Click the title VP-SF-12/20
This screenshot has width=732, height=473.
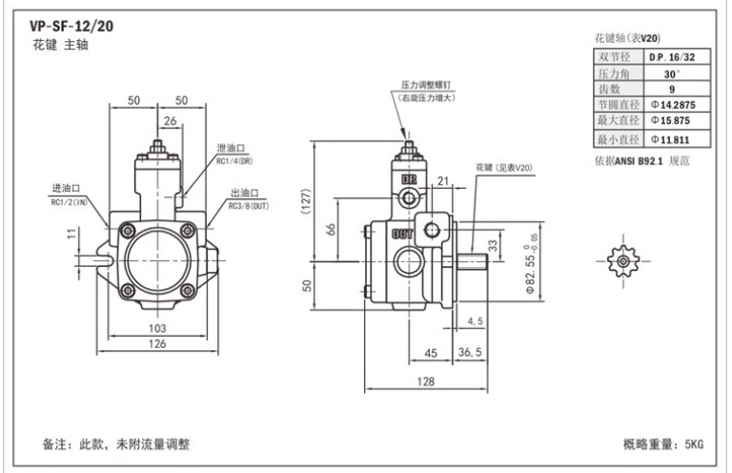tap(71, 26)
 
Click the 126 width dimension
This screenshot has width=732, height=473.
tap(157, 344)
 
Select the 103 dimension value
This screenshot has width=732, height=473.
tap(157, 329)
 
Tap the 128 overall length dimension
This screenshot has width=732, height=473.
tap(426, 382)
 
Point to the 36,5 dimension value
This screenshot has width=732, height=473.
tap(470, 352)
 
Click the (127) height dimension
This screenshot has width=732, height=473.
tap(306, 201)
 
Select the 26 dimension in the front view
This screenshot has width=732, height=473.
tap(171, 121)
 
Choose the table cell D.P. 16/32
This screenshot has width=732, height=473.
tap(672, 57)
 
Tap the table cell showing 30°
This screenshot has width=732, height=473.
tap(672, 74)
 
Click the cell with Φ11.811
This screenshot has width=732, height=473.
tap(670, 139)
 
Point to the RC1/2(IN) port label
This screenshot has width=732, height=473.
tap(69, 202)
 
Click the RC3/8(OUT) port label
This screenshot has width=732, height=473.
tap(249, 206)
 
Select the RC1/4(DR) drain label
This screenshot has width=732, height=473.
tap(234, 161)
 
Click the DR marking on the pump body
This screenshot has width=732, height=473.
tap(409, 180)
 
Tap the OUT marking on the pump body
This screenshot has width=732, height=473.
tap(401, 234)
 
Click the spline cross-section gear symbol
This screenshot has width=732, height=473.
tap(622, 260)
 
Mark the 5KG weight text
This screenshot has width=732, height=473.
tap(694, 444)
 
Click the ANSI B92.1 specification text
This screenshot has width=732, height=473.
tap(639, 161)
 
